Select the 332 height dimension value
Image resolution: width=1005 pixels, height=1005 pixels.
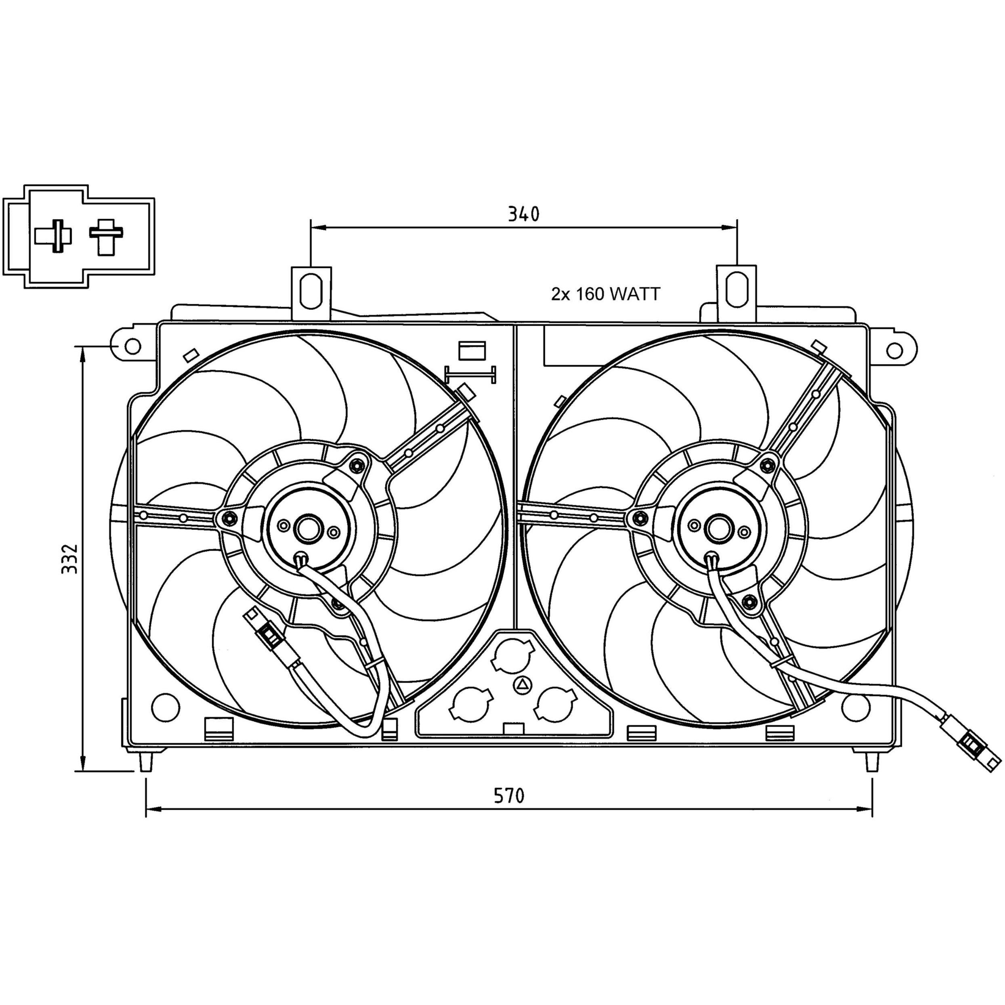point(69,559)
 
